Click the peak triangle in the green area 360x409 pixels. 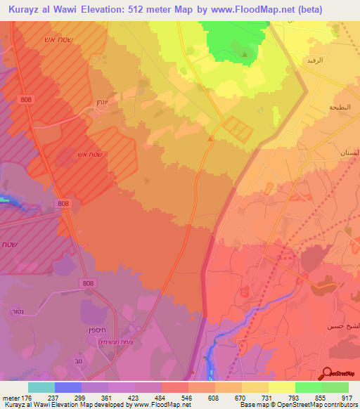coord(245,53)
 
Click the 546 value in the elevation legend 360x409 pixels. coord(186,397)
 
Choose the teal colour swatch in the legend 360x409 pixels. coord(41,387)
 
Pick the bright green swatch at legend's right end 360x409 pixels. coord(335,387)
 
